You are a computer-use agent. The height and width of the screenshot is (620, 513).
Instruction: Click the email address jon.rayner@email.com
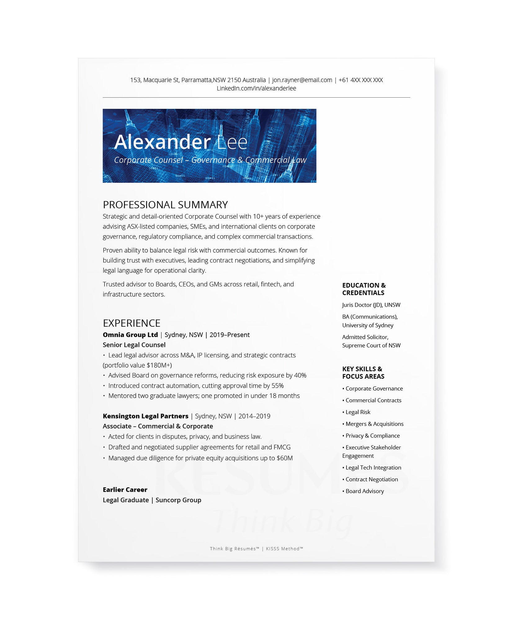click(x=302, y=80)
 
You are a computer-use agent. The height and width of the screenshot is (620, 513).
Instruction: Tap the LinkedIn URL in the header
click(x=256, y=88)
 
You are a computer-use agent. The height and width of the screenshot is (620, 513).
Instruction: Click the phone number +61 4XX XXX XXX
click(x=360, y=80)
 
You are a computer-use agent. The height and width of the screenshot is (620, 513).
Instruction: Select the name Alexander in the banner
click(x=163, y=142)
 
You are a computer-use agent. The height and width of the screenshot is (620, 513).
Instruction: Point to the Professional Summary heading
click(x=165, y=205)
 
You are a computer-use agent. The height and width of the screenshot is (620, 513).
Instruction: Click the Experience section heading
click(x=132, y=323)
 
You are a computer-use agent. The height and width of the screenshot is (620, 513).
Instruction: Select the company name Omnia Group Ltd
click(x=130, y=335)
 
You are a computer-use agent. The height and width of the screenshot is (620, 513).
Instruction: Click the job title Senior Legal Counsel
click(x=134, y=345)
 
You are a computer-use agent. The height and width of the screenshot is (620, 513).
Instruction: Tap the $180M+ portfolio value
click(x=159, y=365)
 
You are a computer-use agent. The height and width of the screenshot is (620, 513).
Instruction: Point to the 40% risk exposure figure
click(x=300, y=375)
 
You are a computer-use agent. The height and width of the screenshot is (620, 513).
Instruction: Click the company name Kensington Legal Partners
click(x=145, y=416)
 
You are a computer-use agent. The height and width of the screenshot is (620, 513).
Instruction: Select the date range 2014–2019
click(x=254, y=416)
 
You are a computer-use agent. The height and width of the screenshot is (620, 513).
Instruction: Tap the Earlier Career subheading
click(x=125, y=490)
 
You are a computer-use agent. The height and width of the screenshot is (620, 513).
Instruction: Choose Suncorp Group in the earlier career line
click(x=178, y=500)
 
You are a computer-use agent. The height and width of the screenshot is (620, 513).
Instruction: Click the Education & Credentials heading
click(x=364, y=289)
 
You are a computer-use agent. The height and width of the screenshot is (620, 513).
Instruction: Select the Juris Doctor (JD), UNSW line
click(x=371, y=305)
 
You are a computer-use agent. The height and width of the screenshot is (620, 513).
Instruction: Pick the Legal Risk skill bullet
click(x=358, y=412)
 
